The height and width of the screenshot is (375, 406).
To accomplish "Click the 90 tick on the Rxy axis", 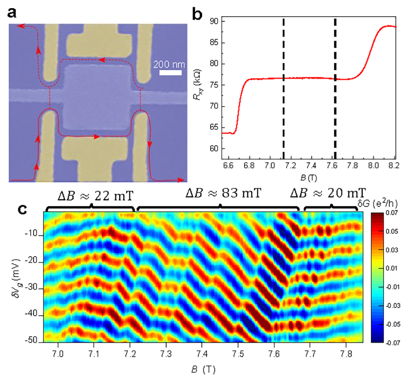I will [x=214, y=21].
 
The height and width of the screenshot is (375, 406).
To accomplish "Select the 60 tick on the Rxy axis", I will [x=214, y=149].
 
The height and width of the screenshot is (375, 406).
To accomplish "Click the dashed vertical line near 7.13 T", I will [x=284, y=86].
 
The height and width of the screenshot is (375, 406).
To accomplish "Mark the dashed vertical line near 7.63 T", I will [x=335, y=86].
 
